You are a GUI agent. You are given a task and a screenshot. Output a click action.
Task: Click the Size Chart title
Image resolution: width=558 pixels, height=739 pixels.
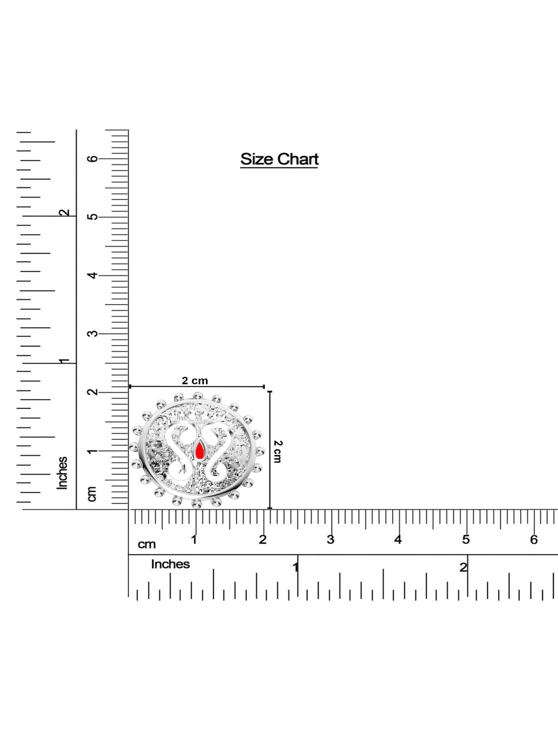coord(280,159)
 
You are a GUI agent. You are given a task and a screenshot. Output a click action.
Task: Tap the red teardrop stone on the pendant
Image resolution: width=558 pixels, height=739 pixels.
coord(199,450)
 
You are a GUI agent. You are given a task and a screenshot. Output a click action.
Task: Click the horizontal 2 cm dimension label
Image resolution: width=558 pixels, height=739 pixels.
coord(195,381)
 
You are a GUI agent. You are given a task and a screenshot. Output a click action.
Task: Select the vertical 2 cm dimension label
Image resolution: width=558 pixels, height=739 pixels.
coord(278,451)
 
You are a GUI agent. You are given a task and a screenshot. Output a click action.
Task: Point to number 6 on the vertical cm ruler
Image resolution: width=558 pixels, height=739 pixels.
coord(93,159)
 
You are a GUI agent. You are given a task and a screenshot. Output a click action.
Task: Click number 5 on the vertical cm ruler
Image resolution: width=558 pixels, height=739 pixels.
coord(93,217)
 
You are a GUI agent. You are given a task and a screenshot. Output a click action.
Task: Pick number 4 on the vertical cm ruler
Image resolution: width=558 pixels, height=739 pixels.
coord(93,275)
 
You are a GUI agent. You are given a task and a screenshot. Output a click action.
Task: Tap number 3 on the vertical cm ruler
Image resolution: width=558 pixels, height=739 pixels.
coord(93,333)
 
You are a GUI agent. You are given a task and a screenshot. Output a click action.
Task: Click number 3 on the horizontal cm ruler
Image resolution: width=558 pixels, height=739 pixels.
coord(331,540)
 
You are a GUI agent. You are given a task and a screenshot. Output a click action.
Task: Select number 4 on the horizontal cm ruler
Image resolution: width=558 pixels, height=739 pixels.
coord(398,540)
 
